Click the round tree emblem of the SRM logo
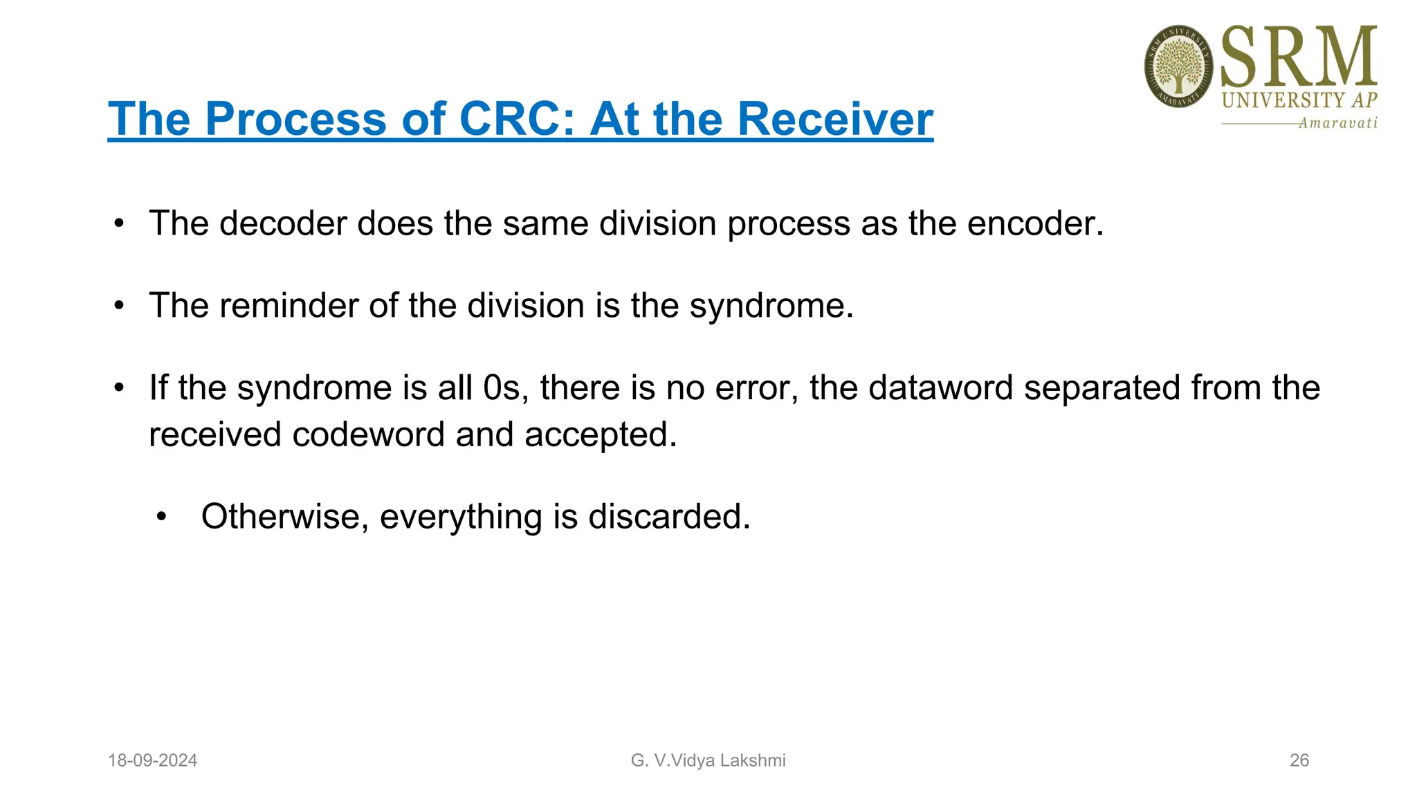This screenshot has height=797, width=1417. coord(1178,66)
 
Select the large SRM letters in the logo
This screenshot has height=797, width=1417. coord(1299,57)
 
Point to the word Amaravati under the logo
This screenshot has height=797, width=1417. coord(1337,123)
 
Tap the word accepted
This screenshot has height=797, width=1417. coord(599,434)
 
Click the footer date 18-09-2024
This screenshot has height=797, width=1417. coord(152,760)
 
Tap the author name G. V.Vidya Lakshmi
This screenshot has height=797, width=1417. coord(708,760)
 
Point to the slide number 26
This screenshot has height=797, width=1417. coord(1299,760)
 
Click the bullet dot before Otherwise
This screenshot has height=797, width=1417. coord(161,516)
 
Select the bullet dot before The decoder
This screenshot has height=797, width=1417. coord(119,223)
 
